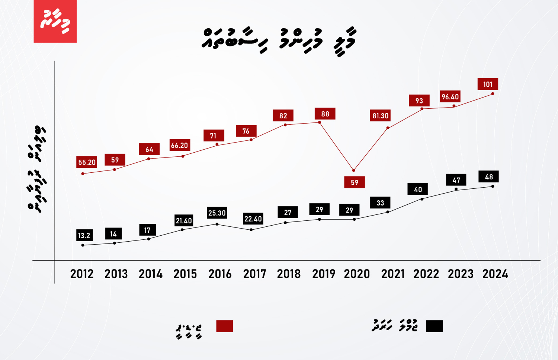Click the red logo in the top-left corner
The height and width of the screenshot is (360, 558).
pyautogui.click(x=55, y=21)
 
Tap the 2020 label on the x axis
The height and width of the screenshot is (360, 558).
pyautogui.click(x=357, y=274)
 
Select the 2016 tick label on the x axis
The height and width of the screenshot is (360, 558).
pyautogui.click(x=220, y=274)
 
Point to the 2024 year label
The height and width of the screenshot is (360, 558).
pyautogui.click(x=495, y=274)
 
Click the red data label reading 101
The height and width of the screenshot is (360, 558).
pyautogui.click(x=488, y=84)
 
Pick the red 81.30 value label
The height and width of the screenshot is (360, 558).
pyautogui.click(x=380, y=116)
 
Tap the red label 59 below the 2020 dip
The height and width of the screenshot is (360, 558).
pyautogui.click(x=355, y=182)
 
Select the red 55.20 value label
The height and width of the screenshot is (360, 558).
pyautogui.click(x=87, y=162)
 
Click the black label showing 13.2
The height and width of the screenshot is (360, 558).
pyautogui.click(x=84, y=235)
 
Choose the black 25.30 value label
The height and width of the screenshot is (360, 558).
pyautogui.click(x=217, y=213)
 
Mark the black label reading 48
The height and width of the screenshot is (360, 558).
pyautogui.click(x=489, y=177)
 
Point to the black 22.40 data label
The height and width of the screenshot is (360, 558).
pyautogui.click(x=253, y=219)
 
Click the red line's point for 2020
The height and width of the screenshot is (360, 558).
pyautogui.click(x=354, y=171)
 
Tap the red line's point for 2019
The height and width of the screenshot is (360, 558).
pyautogui.click(x=320, y=122)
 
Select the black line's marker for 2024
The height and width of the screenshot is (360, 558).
pyautogui.click(x=493, y=186)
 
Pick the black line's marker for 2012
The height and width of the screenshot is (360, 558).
pyautogui.click(x=83, y=245)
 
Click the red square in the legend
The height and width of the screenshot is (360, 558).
pyautogui.click(x=224, y=326)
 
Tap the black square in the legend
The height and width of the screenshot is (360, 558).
pyautogui.click(x=434, y=326)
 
